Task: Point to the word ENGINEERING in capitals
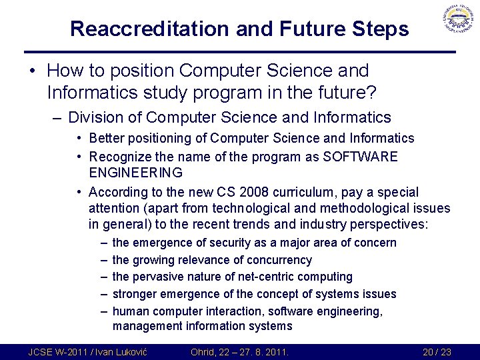tap(136, 173)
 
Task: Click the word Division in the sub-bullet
tap(94, 117)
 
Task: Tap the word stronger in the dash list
tap(136, 294)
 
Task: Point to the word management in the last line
tap(147, 326)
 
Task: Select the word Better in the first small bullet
tap(105, 139)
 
